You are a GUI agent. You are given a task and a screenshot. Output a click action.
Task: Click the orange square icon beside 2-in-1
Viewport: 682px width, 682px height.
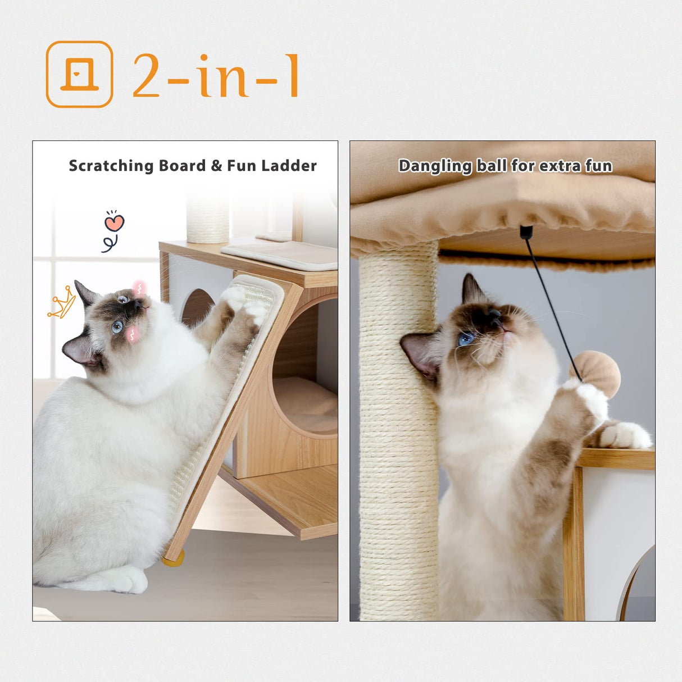[79, 74]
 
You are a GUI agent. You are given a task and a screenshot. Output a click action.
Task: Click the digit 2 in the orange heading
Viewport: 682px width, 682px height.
[147, 76]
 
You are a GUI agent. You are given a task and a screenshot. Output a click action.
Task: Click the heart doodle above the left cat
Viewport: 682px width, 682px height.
[114, 222]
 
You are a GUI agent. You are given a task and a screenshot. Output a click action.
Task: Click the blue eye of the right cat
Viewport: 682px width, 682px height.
[466, 339]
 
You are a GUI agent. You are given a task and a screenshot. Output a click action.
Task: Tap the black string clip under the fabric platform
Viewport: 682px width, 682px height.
[526, 232]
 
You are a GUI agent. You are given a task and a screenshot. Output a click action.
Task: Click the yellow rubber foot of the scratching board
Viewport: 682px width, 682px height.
[173, 558]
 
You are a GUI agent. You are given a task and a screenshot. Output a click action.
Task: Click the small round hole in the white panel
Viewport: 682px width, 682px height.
[197, 307]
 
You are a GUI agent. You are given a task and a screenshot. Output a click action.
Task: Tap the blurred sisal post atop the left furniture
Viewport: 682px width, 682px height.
[208, 216]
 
